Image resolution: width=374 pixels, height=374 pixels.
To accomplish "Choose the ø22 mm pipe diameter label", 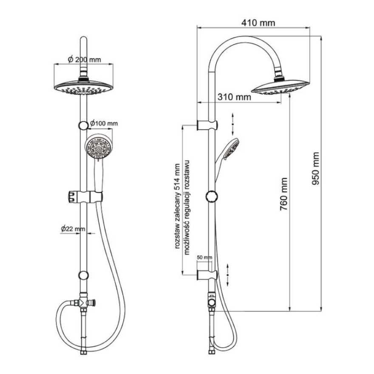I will [73, 229].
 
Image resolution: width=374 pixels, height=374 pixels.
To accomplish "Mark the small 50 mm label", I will [204, 258].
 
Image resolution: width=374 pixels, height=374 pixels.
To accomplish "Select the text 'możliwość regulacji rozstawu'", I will [186, 207].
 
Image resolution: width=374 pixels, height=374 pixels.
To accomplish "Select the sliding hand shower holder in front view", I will [85, 197].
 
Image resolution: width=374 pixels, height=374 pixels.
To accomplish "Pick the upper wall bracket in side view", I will [208, 125].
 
